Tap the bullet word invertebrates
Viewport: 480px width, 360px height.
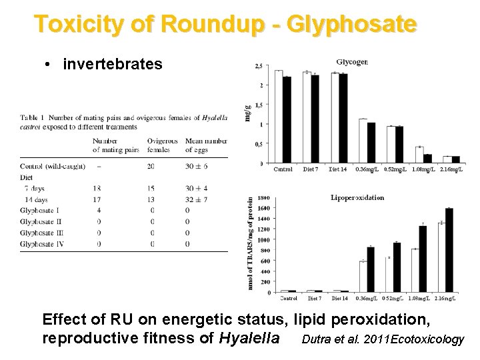pyautogui.click(x=113, y=64)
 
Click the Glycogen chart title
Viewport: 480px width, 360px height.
pyautogui.click(x=352, y=62)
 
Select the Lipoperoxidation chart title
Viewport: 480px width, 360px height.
pyautogui.click(x=358, y=197)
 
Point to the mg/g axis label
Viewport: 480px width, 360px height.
pyautogui.click(x=248, y=113)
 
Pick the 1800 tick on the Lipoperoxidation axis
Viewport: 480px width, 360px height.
pyautogui.click(x=263, y=198)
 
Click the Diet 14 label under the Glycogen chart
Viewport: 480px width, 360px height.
pyautogui.click(x=339, y=169)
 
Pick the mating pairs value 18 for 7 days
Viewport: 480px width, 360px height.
pyautogui.click(x=98, y=189)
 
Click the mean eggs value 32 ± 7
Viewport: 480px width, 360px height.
pyautogui.click(x=197, y=199)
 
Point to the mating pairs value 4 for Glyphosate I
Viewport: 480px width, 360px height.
pyautogui.click(x=98, y=211)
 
